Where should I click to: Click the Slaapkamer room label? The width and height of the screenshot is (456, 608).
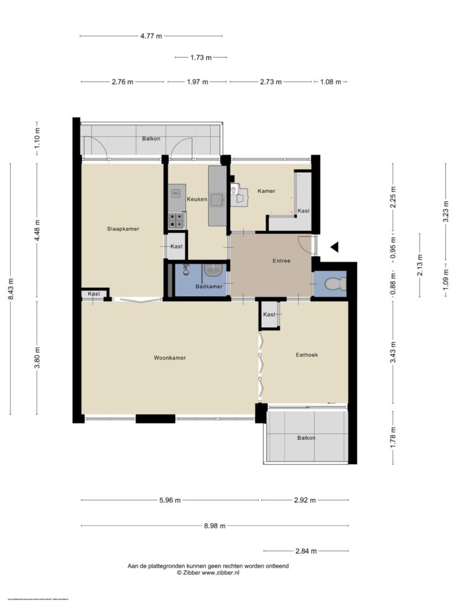pyautogui.click(x=123, y=228)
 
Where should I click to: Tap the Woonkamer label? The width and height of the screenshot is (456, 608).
pyautogui.click(x=170, y=358)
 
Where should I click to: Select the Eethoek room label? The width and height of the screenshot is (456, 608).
pyautogui.click(x=307, y=354)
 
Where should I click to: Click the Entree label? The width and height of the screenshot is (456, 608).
pyautogui.click(x=281, y=261)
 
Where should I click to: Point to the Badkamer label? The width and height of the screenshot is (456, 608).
pyautogui.click(x=209, y=286)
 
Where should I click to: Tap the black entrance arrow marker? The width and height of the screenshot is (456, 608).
pyautogui.click(x=335, y=247)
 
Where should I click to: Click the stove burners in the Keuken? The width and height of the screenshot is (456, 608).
pyautogui.click(x=177, y=219)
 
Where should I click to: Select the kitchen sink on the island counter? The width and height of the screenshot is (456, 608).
pyautogui.click(x=217, y=199)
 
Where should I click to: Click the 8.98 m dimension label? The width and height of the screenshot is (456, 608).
pyautogui.click(x=215, y=526)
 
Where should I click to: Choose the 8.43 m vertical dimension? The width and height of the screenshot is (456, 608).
pyautogui.click(x=11, y=289)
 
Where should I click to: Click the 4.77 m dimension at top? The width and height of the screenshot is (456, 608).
pyautogui.click(x=151, y=36)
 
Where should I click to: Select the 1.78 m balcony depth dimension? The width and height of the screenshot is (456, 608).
pyautogui.click(x=392, y=437)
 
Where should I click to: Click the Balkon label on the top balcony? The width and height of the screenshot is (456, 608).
pyautogui.click(x=151, y=138)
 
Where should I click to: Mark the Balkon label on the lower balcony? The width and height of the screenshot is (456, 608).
pyautogui.click(x=306, y=438)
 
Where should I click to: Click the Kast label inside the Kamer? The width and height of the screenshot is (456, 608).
pyautogui.click(x=304, y=211)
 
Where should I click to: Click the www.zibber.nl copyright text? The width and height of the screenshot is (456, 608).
pyautogui.click(x=207, y=572)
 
